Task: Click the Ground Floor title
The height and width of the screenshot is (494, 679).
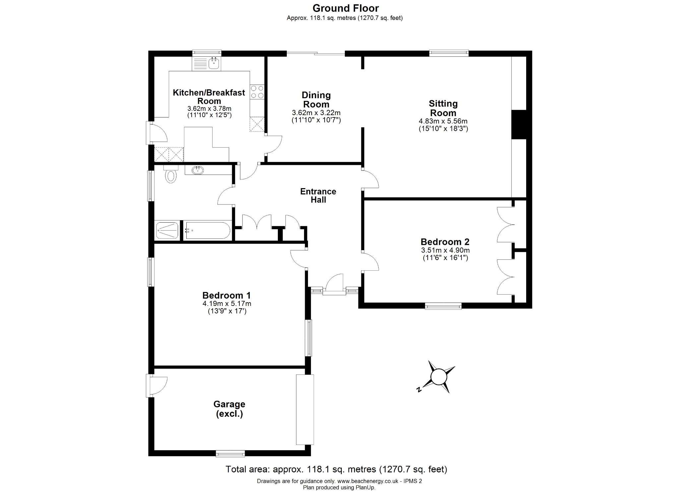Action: pos(345,8)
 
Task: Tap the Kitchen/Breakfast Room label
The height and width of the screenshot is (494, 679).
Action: pos(209,97)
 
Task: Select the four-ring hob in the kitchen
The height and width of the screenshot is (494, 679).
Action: pos(257,92)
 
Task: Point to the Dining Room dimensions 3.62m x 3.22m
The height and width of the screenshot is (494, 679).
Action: pos(316,113)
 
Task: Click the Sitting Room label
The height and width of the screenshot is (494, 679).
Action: pos(443,108)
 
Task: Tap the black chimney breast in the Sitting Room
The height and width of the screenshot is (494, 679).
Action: pos(519,124)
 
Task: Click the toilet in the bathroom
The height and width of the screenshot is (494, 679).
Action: pos(170,175)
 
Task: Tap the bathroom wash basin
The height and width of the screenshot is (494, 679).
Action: pos(198,171)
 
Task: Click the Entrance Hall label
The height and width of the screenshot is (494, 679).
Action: pos(318,195)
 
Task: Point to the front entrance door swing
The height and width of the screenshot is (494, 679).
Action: pos(334,283)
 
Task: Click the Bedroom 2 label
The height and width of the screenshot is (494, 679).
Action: pos(445,242)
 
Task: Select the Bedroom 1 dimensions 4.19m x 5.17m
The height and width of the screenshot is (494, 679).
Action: pos(227,304)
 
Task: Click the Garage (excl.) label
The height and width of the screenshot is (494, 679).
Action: pos(229,409)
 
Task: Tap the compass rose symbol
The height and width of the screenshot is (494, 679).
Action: pos(438,377)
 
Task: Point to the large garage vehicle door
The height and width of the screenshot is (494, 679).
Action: pos(305,410)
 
